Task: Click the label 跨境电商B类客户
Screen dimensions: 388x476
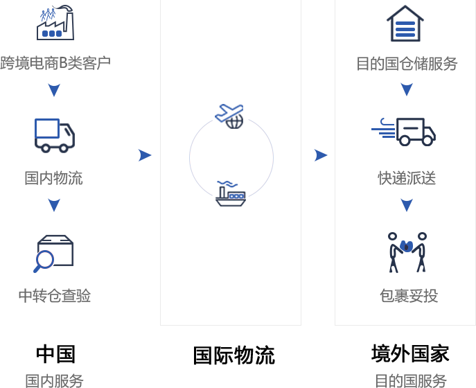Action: point(55,63)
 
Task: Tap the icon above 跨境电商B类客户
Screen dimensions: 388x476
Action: point(55,23)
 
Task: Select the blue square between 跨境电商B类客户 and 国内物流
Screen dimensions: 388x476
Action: point(54,90)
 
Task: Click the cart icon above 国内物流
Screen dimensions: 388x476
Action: point(54,135)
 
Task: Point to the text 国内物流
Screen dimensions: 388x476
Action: point(54,178)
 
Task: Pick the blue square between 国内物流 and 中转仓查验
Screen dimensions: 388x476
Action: point(54,205)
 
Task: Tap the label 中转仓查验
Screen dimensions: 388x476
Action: point(55,296)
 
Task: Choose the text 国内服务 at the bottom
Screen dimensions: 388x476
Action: point(55,380)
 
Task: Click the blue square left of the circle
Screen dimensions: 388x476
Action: point(145,155)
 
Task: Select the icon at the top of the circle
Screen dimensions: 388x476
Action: point(229,116)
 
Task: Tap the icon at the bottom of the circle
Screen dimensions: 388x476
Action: point(231,193)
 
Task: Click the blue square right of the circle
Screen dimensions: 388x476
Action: point(321,155)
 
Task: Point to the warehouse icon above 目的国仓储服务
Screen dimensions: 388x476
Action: point(405,24)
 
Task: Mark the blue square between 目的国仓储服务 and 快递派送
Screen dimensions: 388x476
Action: point(407,89)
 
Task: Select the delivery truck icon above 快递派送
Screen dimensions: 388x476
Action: point(404,132)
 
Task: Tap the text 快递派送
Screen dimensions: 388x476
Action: point(407,178)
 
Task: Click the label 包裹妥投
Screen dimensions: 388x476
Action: point(408,296)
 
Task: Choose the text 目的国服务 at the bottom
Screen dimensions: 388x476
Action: point(410,380)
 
